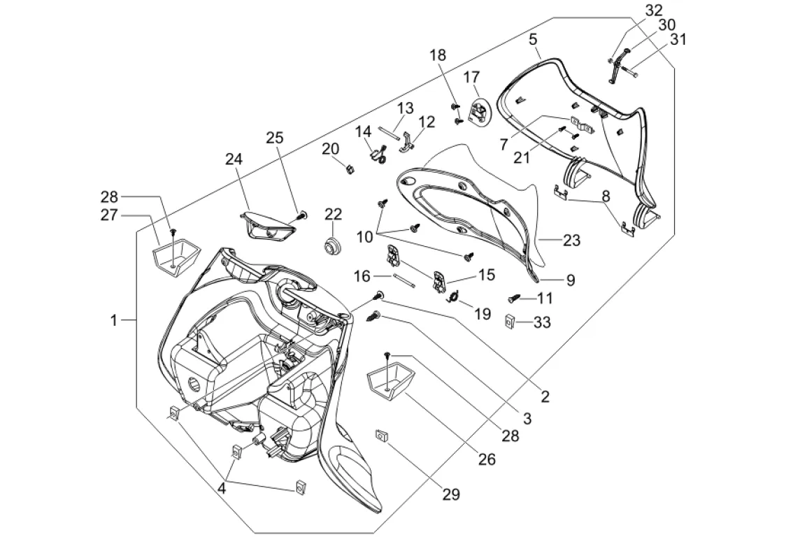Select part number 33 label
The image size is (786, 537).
(543, 322)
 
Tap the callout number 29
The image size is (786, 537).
(451, 494)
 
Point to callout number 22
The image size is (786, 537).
(333, 214)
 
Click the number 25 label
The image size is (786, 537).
(275, 138)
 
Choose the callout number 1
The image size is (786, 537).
(114, 320)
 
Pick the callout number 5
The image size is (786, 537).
(534, 40)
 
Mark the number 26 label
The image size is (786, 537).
(487, 459)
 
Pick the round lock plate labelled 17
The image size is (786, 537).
(478, 110)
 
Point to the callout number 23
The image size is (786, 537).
(572, 241)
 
